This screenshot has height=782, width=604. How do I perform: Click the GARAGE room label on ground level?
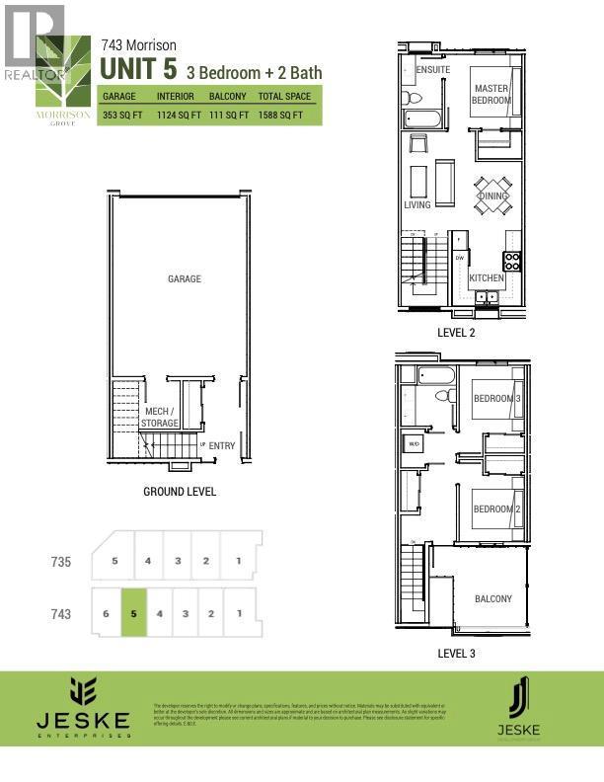[x=185, y=278]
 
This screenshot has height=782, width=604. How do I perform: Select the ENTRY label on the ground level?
[x=222, y=446]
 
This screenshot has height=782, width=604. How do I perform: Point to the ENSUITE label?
[x=434, y=70]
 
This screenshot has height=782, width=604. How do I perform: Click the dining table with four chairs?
[x=492, y=195]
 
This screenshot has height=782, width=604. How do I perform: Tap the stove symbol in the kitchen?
[x=512, y=261]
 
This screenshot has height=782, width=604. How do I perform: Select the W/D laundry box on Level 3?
[x=413, y=443]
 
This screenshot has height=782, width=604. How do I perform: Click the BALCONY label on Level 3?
[x=492, y=599]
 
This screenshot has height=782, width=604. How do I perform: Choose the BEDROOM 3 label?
[x=495, y=398]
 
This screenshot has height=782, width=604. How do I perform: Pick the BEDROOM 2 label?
[x=495, y=508]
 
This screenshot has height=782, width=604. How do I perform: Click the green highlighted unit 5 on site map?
[x=133, y=613]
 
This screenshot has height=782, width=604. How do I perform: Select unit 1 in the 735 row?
[x=237, y=561]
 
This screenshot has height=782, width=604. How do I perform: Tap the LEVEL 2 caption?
[x=456, y=333]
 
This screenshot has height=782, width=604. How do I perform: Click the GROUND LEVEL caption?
[x=180, y=491]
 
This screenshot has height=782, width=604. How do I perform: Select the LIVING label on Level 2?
[x=417, y=205]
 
